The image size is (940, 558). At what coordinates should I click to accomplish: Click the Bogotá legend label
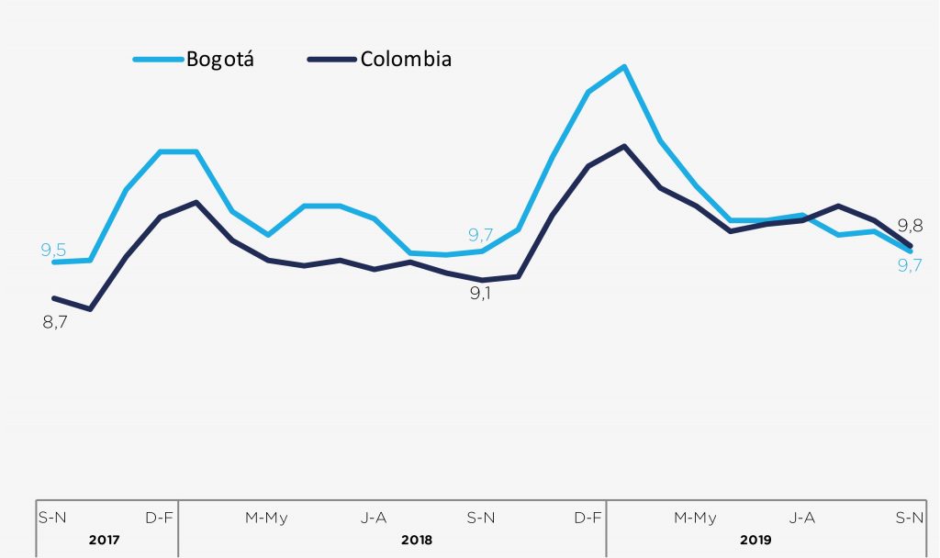pos(220,60)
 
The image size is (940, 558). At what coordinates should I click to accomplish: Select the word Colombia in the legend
pos(406,60)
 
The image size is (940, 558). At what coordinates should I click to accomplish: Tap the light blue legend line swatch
pos(157,60)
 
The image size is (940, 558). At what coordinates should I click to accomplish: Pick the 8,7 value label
pos(56,322)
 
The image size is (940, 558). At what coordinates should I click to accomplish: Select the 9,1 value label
pos(481,295)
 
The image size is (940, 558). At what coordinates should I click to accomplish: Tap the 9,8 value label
pos(910,225)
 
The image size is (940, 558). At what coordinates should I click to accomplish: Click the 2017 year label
pos(105,540)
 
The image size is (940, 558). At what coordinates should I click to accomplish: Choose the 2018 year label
pos(417,540)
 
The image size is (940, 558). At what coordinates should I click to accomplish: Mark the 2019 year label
pos(757,540)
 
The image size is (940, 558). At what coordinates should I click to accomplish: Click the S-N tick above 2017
pos(52,518)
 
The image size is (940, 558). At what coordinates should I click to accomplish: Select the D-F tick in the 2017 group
pos(159,518)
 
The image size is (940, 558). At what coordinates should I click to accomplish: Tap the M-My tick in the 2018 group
pos(266,518)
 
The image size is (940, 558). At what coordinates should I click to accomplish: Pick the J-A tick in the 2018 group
pos(374,518)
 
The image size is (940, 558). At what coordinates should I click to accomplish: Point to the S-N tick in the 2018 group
pos(481,518)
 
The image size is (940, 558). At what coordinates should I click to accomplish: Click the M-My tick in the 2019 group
pos(695,518)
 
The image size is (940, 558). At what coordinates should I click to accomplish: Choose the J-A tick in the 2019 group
pos(802,518)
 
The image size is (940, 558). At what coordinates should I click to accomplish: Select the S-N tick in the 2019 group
pos(910,518)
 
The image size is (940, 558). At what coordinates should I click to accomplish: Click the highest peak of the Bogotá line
pos(624,66)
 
